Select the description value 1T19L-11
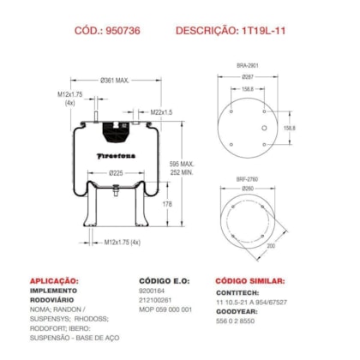point(273,30)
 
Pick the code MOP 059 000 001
point(165,309)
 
